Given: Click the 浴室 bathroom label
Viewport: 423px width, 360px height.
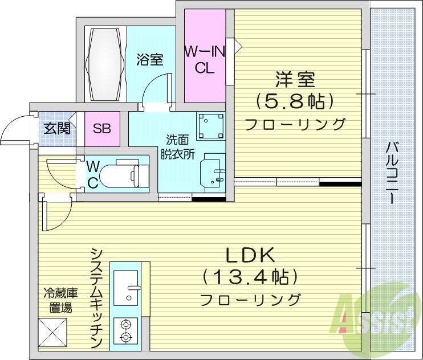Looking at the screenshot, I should pyautogui.click(x=151, y=59).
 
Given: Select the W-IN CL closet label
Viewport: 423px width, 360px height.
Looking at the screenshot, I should pyautogui.click(x=204, y=59).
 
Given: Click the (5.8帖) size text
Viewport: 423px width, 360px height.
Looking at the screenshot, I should pyautogui.click(x=294, y=102).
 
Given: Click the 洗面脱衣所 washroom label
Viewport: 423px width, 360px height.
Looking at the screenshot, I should pyautogui.click(x=177, y=146).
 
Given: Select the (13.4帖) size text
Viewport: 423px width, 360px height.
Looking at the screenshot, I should pyautogui.click(x=251, y=278).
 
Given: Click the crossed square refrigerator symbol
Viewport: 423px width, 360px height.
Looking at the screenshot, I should pyautogui.click(x=52, y=332).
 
